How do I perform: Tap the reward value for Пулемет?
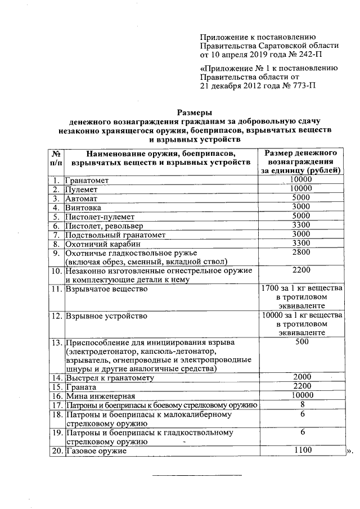(x=301, y=189)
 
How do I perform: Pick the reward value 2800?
(x=301, y=253)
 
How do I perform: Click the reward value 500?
(x=301, y=342)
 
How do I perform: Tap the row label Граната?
(x=82, y=387)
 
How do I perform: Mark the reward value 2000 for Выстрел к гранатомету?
(x=301, y=377)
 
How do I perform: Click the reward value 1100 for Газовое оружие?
(x=301, y=451)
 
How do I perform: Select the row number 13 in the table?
(x=56, y=343)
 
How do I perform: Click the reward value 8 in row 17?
(x=302, y=404)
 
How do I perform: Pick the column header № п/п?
(x=56, y=157)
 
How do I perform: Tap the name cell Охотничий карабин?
(x=101, y=244)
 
